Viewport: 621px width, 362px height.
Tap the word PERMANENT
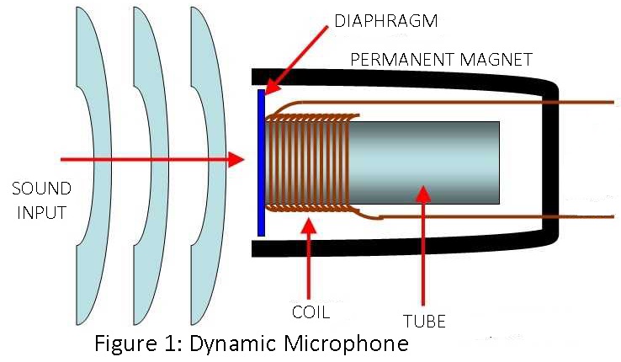(x=391, y=61)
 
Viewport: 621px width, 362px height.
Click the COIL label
(x=310, y=312)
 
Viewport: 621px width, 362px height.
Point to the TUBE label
(x=424, y=321)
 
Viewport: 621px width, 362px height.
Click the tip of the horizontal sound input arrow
(x=243, y=158)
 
